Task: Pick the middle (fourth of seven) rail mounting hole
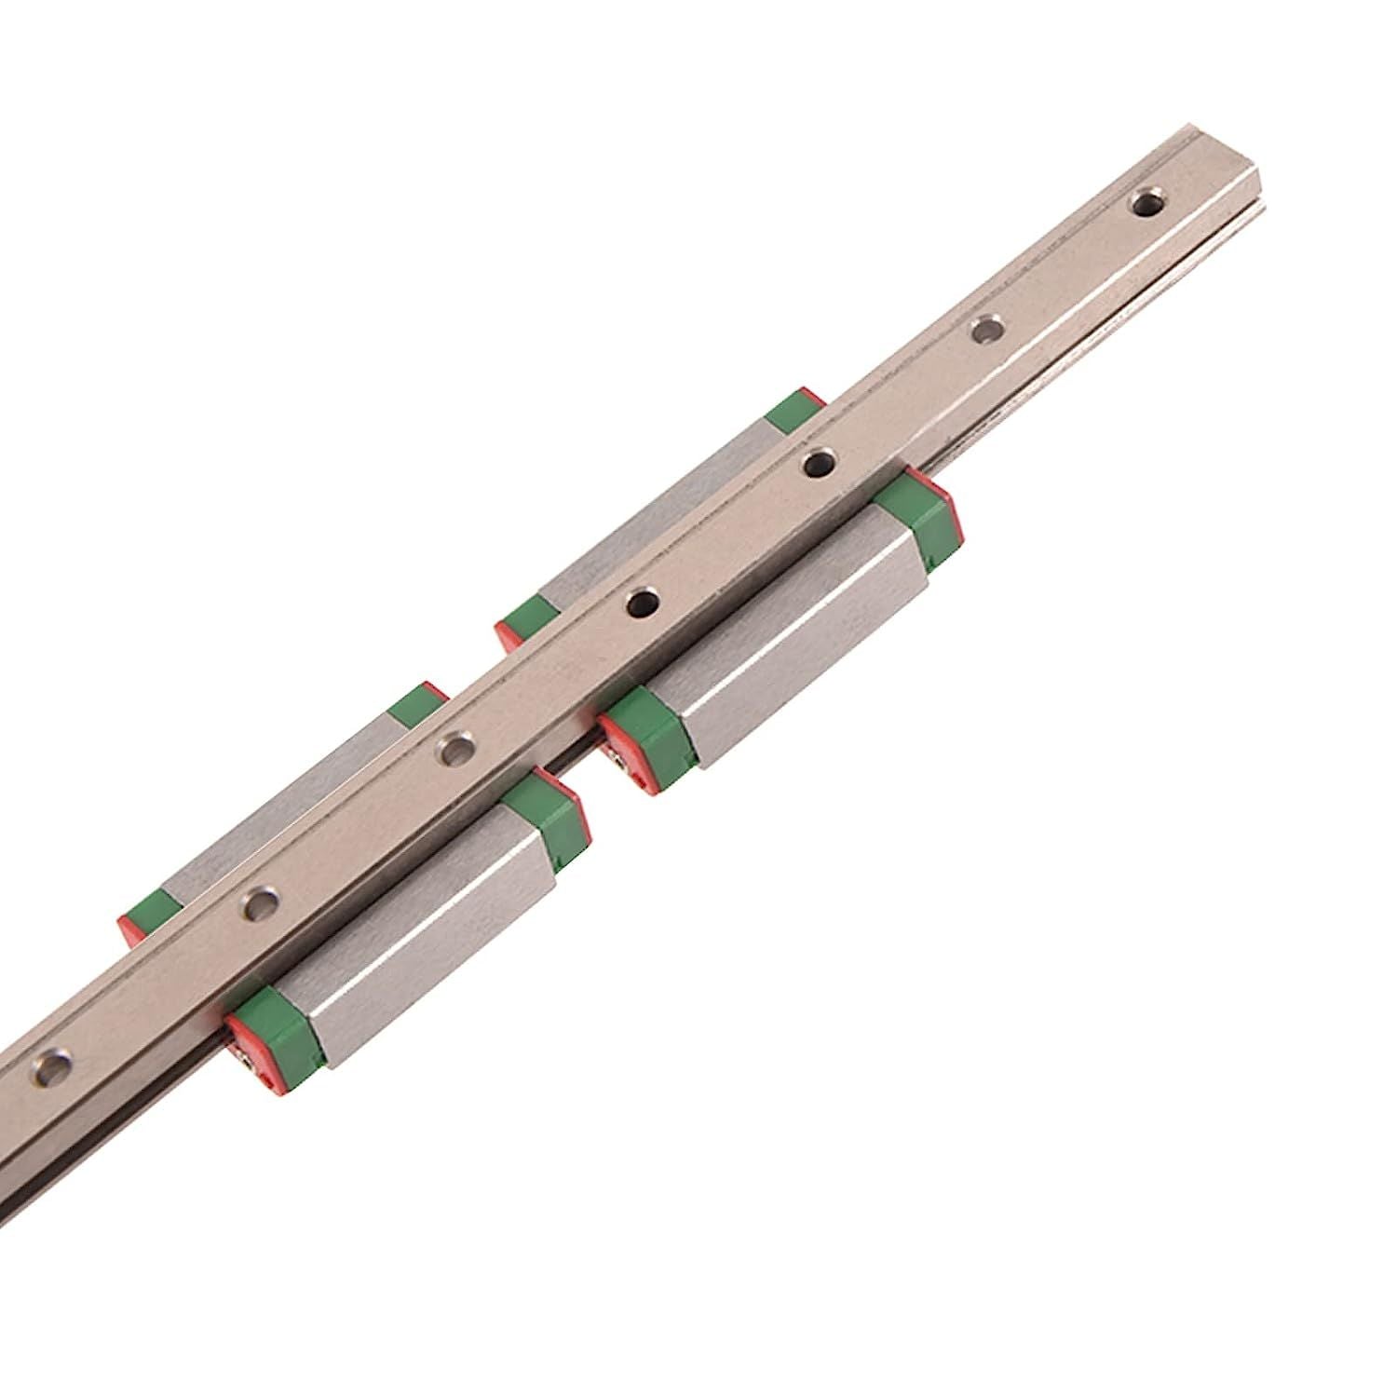(x=639, y=604)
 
